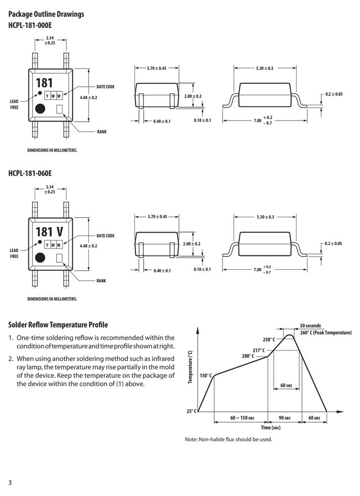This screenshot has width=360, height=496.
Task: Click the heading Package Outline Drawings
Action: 46,14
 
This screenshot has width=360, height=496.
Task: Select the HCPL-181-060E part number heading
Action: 30,173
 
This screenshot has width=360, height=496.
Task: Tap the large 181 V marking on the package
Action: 50,232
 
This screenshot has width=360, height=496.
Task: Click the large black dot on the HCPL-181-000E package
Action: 40,109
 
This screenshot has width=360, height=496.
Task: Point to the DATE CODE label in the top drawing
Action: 105,87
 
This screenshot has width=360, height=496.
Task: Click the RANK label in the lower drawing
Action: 101,281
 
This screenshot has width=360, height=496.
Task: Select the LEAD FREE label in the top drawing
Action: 14,104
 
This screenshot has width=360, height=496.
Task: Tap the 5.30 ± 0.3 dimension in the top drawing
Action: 265,68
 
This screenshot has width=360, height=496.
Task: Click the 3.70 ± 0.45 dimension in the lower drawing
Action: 157,217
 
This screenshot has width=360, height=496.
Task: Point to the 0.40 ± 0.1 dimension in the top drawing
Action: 162,122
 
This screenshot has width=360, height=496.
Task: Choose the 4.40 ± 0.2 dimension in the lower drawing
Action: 89,246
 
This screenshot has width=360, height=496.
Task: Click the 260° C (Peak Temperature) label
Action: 326,332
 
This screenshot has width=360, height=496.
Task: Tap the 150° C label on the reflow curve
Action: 206,375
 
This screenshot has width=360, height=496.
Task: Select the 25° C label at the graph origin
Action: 191,411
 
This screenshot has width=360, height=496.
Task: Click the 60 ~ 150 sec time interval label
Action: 242,418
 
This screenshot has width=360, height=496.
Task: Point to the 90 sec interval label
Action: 285,418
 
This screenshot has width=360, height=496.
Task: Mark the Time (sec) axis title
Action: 271,428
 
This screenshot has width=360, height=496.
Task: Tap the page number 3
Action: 10,483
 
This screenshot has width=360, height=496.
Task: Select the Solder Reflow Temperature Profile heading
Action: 58,325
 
